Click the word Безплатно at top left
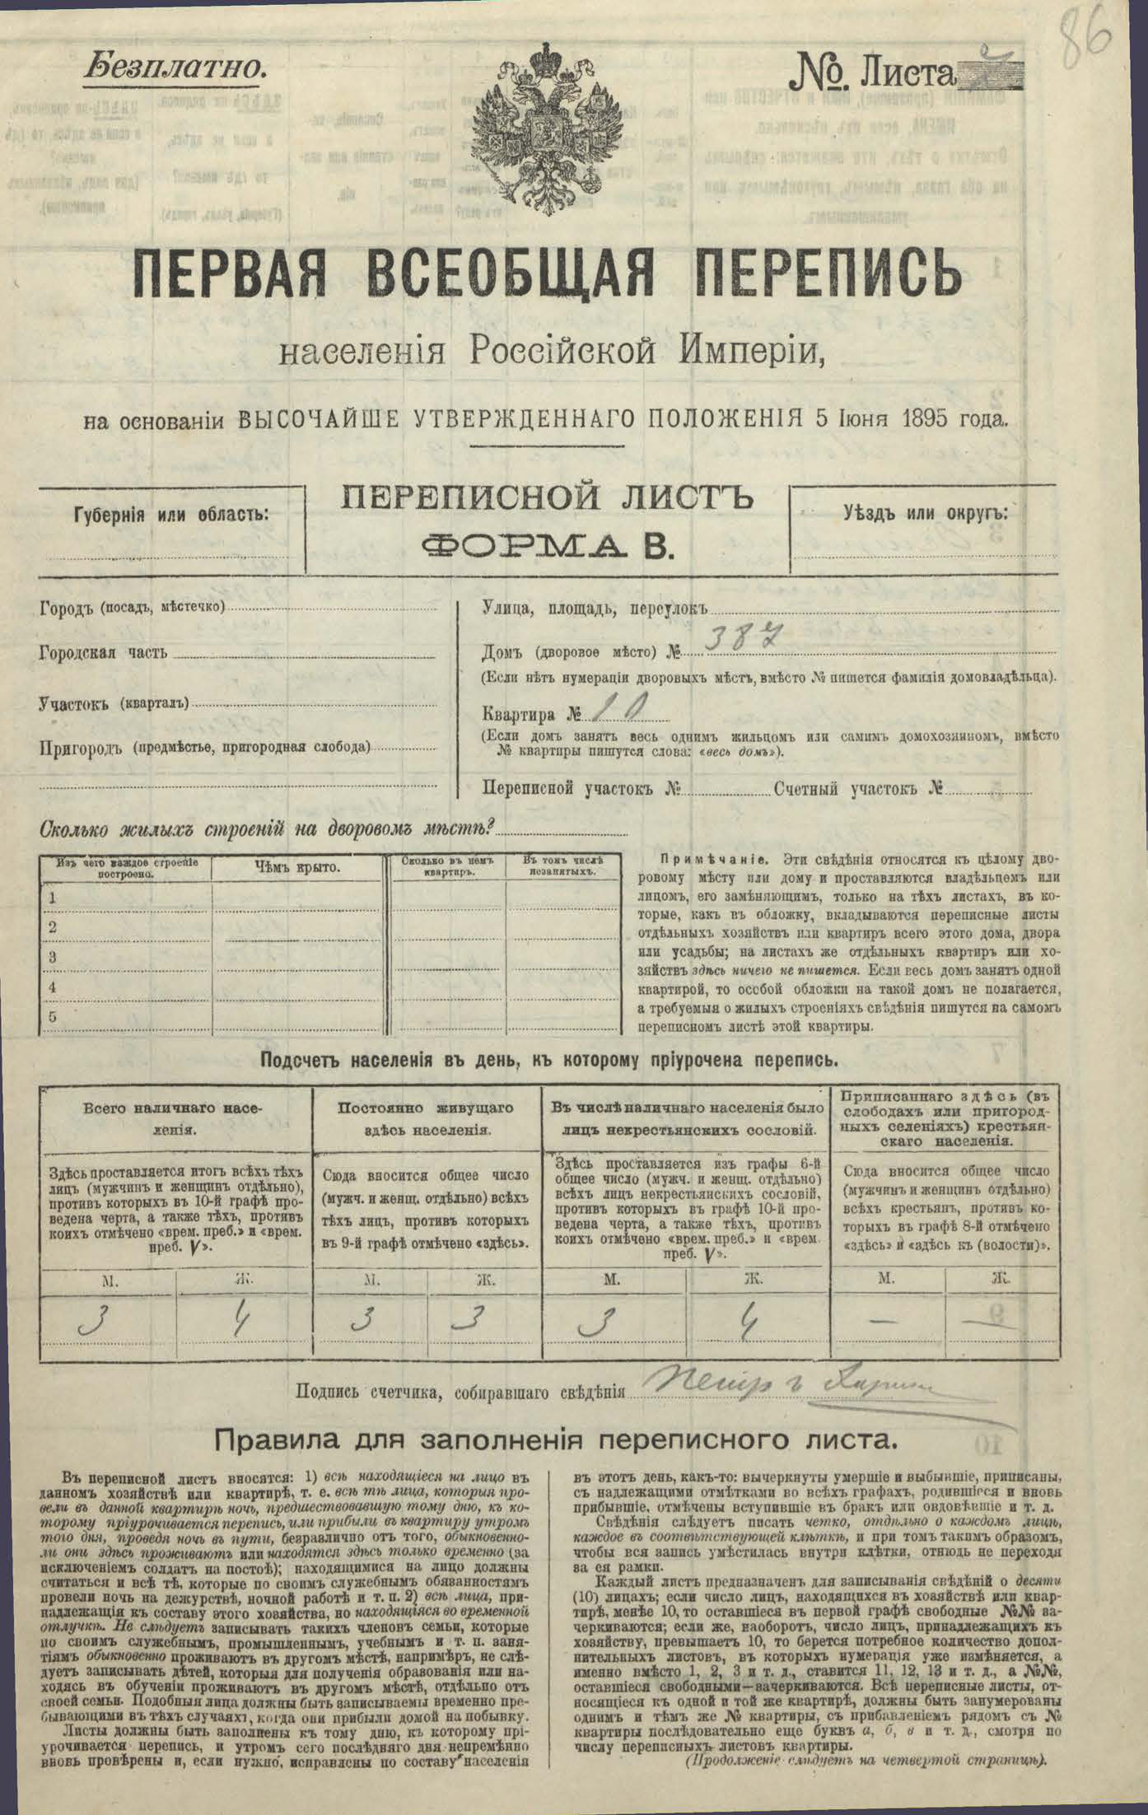pyautogui.click(x=174, y=67)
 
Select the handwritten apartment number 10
pyautogui.click(x=623, y=707)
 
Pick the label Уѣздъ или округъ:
pyautogui.click(x=924, y=511)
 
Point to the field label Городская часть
pyautogui.click(x=103, y=654)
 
